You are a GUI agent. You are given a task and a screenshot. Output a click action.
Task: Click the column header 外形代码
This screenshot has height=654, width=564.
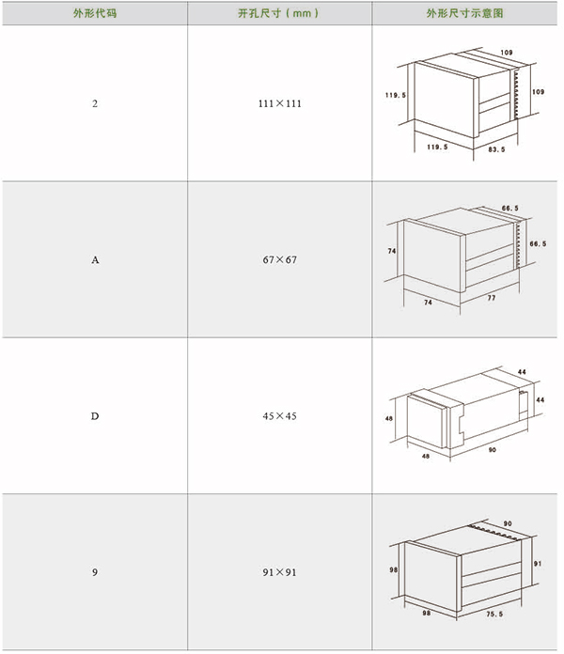[95, 13]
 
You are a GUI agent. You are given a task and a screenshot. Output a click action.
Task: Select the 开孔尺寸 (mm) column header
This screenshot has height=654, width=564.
[278, 13]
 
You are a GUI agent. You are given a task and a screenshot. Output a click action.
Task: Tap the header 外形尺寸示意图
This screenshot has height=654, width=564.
[464, 13]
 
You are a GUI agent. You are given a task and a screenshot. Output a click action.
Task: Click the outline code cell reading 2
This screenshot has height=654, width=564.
[95, 103]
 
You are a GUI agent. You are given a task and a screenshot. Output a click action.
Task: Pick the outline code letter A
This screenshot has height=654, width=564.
[95, 260]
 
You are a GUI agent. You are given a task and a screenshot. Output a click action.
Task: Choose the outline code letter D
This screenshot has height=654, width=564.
[95, 416]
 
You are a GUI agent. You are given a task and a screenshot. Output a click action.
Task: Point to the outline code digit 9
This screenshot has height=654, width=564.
[95, 572]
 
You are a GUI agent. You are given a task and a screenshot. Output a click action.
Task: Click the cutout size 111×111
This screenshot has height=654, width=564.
[279, 103]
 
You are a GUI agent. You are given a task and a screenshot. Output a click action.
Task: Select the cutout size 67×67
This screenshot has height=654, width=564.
[279, 260]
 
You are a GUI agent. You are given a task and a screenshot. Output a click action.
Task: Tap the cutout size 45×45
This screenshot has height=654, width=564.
[279, 416]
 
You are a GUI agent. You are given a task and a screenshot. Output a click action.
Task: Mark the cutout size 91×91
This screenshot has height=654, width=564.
[279, 572]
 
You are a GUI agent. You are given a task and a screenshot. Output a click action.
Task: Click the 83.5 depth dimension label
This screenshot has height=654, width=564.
[496, 149]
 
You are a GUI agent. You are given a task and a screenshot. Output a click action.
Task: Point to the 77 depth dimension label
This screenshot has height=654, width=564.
[492, 298]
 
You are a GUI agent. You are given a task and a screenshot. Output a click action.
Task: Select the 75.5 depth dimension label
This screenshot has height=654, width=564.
[494, 614]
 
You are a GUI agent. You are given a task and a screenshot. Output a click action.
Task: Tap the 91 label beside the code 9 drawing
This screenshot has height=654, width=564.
[538, 564]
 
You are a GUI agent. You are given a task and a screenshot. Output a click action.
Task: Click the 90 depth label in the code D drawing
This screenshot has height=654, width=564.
[493, 449]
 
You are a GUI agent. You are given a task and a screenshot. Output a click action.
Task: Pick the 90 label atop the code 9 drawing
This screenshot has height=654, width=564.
[508, 523]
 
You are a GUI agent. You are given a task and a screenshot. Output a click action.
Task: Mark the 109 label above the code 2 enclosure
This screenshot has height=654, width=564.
[507, 53]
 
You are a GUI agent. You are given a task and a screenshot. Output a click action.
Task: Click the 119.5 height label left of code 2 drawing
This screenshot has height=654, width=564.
[396, 95]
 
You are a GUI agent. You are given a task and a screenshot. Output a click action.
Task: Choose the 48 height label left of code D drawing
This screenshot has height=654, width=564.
[389, 418]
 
